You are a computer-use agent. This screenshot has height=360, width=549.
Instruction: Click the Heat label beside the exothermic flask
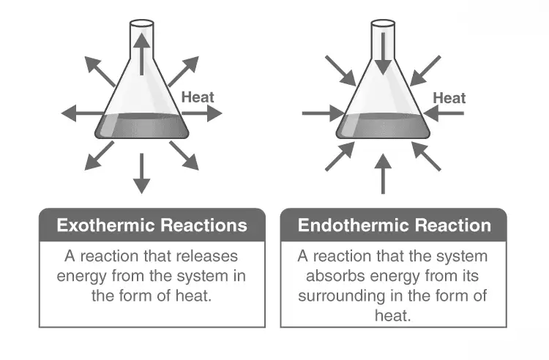click(198, 97)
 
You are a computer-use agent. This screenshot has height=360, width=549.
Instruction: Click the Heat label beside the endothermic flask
click(449, 98)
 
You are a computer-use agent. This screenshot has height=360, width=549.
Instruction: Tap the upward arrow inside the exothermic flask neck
click(142, 53)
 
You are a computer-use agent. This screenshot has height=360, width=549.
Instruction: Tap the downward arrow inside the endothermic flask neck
click(383, 53)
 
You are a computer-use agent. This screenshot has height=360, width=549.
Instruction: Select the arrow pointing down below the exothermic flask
click(142, 173)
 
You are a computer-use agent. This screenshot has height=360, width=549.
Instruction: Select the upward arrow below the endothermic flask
click(383, 174)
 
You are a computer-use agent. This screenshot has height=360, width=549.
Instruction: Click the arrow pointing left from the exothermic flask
click(83, 113)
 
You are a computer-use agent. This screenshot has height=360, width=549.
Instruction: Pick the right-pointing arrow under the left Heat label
click(202, 113)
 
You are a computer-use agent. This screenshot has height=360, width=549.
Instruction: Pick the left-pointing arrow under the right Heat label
click(444, 113)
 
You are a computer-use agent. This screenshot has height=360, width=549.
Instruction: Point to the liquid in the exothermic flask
click(142, 126)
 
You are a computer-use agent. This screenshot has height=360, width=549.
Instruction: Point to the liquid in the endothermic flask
click(383, 126)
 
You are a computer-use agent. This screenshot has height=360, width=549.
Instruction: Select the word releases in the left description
click(207, 256)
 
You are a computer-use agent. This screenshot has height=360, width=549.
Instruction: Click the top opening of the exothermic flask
click(142, 23)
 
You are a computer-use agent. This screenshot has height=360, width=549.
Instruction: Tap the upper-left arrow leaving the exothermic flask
click(100, 72)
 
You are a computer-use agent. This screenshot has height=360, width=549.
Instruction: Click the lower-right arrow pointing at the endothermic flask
click(426, 156)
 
